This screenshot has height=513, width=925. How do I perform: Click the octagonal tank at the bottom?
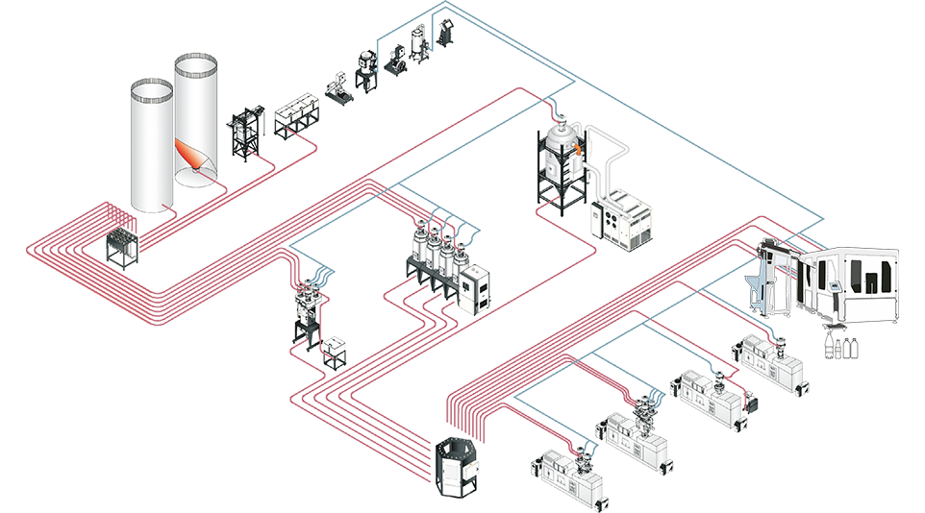pos(457,467)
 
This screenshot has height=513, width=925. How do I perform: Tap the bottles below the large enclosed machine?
pos(839,342)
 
